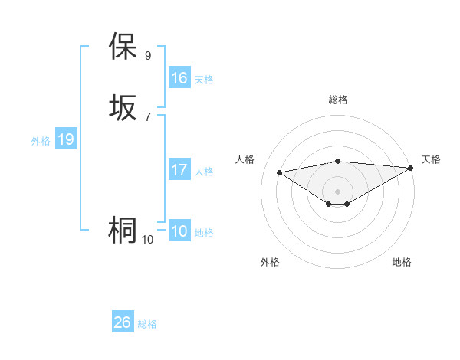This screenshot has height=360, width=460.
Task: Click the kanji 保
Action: click(123, 47)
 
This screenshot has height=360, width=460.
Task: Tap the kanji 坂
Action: click(123, 108)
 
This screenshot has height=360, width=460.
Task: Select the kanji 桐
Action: click(123, 231)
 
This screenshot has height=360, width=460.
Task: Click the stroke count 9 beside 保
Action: click(148, 55)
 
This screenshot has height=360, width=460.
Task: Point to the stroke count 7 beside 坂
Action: click(148, 116)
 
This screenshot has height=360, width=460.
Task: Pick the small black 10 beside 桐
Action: click(147, 240)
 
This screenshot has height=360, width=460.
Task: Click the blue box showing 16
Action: click(179, 78)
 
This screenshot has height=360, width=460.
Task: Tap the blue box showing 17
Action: click(179, 170)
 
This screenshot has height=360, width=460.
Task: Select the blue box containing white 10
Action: click(179, 231)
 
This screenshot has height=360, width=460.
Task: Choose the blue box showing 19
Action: click(66, 139)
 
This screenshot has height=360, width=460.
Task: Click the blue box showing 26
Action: click(122, 322)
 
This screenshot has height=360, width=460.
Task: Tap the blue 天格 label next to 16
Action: click(204, 80)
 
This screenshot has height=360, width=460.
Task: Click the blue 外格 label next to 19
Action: click(41, 141)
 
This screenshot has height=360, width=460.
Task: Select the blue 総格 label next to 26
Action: click(147, 324)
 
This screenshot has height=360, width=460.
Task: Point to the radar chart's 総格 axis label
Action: click(338, 100)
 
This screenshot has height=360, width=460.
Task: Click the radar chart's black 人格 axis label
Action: click(245, 159)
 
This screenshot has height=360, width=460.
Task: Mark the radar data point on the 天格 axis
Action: click(411, 168)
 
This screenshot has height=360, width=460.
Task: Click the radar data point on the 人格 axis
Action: click(280, 172)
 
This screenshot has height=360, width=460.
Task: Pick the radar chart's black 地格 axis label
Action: click(402, 262)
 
